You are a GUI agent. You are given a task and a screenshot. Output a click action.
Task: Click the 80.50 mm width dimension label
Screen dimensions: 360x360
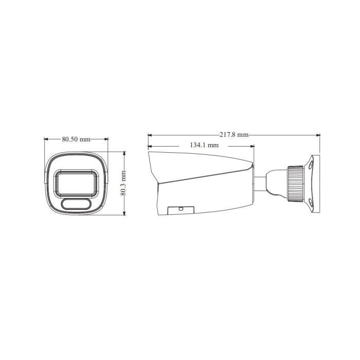pos(76,139)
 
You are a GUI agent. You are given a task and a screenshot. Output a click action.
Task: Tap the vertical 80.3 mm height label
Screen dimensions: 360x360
pos(123,184)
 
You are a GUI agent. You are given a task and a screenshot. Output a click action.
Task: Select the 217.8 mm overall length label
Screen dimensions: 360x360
pos(233,135)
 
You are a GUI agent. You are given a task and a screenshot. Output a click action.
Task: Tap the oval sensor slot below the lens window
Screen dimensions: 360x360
pos(76,204)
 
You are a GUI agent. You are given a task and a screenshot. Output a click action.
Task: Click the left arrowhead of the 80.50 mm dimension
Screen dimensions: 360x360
pos(46,139)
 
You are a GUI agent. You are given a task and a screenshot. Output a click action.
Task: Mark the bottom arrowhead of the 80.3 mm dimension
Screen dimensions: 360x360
pos(124,214)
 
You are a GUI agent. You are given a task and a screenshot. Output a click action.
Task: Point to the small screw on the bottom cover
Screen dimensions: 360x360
pos(181,208)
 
